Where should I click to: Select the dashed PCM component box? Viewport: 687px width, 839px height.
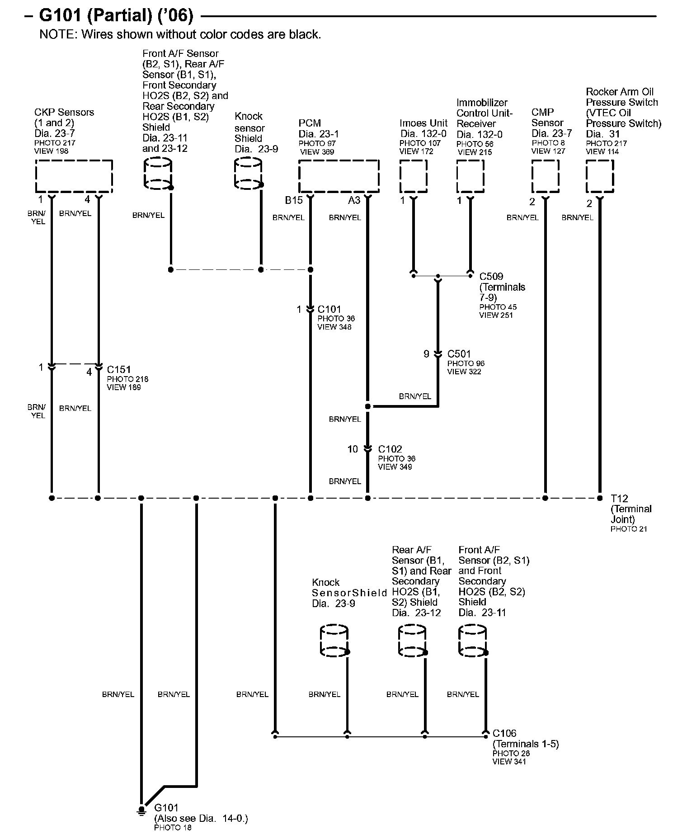coord(339,176)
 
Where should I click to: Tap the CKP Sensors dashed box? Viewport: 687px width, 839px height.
coord(74,176)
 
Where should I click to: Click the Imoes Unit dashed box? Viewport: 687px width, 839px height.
coord(413,176)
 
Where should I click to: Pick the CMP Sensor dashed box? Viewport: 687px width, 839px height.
coord(545,176)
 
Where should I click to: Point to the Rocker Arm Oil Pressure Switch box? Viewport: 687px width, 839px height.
coord(600,176)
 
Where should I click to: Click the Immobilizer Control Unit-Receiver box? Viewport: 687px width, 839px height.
coord(470,176)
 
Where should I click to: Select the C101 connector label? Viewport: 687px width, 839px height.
coord(329,309)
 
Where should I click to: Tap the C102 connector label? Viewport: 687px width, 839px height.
coord(390,449)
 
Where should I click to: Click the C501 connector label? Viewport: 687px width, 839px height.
coord(459,354)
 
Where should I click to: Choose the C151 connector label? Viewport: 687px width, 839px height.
coord(119,369)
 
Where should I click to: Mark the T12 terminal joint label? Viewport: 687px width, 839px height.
coord(620,498)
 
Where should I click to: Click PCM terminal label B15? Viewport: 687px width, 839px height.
coord(293,200)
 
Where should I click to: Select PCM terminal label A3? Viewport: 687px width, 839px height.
coord(354,200)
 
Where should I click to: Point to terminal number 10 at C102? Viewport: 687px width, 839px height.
coord(353,449)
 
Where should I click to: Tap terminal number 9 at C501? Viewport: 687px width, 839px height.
coord(426,354)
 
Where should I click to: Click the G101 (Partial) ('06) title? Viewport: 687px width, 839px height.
coord(116,16)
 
